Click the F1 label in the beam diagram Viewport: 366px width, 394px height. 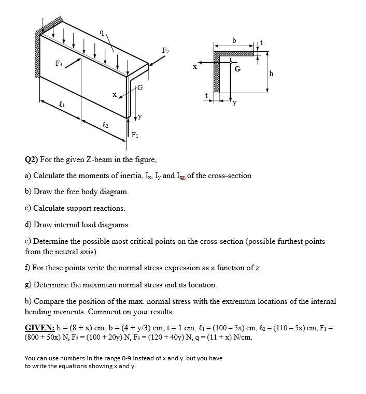[x=135, y=136]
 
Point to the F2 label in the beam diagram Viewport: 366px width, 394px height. [x=165, y=50]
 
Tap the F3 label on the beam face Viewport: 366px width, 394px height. [x=59, y=63]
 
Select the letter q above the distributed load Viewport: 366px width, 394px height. [x=102, y=32]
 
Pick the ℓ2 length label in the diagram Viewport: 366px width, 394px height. [x=105, y=125]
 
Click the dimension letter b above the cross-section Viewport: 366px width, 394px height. [x=234, y=40]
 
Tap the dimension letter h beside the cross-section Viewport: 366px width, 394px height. [x=271, y=74]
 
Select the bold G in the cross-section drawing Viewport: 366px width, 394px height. [x=237, y=68]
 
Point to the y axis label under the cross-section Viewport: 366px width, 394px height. [x=234, y=102]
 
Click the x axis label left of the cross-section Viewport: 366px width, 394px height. [x=195, y=66]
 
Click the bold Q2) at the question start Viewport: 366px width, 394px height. [x=32, y=159]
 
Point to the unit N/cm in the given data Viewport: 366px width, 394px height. [x=241, y=337]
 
